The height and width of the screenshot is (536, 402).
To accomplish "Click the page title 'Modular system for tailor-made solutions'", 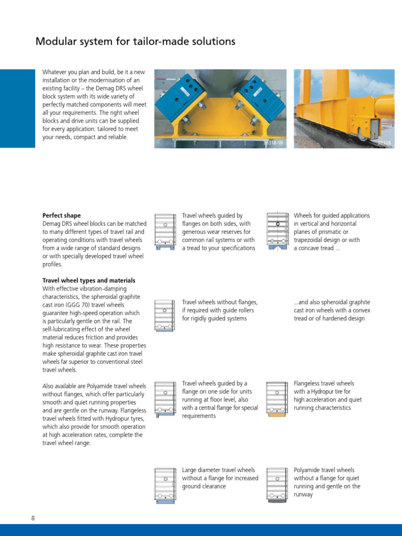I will point(135,41).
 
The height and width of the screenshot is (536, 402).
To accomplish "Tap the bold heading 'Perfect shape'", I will point(61,216).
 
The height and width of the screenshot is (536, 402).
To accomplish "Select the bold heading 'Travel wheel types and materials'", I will point(88,281).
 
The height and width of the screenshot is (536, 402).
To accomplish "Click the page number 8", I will point(33,518).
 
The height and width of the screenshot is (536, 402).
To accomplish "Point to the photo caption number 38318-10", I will point(272,142).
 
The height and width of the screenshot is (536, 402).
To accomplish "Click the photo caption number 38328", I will point(384,142).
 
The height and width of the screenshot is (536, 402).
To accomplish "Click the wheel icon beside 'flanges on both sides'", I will point(165,231).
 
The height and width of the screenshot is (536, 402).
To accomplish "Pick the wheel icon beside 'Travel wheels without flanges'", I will point(165,316).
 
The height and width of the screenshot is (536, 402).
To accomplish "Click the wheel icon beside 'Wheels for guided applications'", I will point(277,231).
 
